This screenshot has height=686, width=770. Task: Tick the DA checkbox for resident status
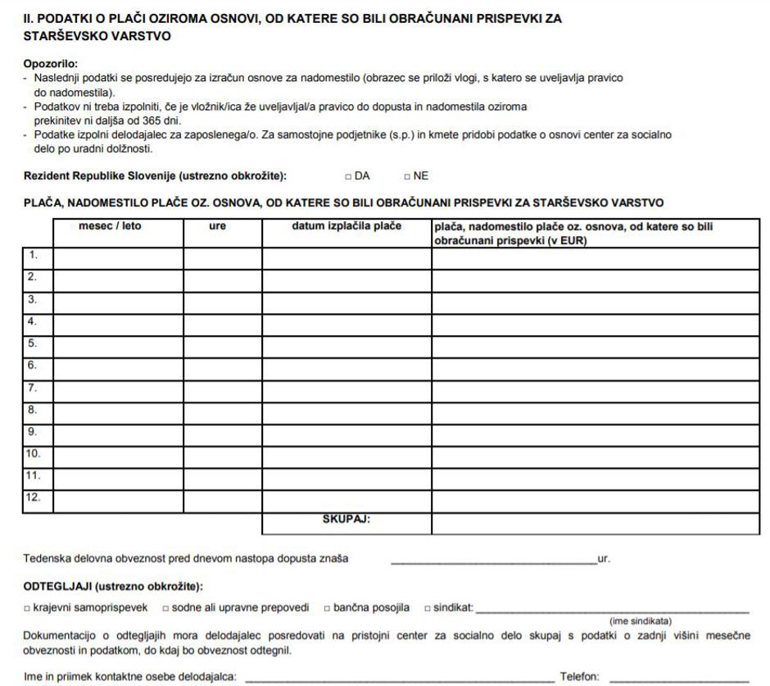(x=349, y=176)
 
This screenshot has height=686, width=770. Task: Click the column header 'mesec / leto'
(x=110, y=226)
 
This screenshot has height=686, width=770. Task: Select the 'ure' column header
(x=217, y=226)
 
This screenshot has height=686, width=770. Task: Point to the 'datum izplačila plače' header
(x=346, y=226)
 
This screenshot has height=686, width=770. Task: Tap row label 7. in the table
(x=34, y=387)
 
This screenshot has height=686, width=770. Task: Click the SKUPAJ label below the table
(x=346, y=519)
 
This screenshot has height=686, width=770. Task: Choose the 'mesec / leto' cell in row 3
(x=118, y=300)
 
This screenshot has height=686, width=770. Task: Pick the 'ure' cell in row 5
(x=223, y=344)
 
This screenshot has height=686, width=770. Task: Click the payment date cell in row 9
(x=346, y=431)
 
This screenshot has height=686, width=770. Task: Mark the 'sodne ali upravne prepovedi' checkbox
(x=165, y=607)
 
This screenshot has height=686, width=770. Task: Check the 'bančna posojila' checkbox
(x=327, y=607)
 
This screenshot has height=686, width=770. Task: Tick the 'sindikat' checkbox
(x=428, y=607)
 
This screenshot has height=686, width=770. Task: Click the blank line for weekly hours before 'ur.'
(x=493, y=561)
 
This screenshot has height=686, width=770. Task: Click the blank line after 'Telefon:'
(x=679, y=678)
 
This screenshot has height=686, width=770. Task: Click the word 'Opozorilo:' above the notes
(x=50, y=64)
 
